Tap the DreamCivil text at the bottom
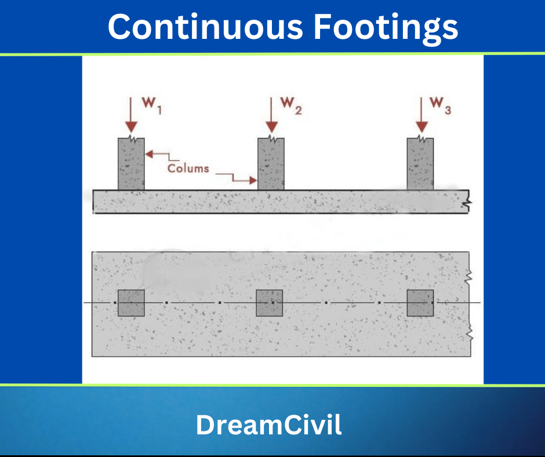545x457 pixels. pos(268,425)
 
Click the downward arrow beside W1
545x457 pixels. pos(131,116)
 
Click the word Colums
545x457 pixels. pos(188,168)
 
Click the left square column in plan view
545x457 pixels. pos(131,303)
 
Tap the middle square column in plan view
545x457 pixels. pos(270,303)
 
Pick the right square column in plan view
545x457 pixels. pos(420,303)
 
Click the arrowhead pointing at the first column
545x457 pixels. pos(148,154)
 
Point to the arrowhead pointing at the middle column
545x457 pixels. pos(253,180)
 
